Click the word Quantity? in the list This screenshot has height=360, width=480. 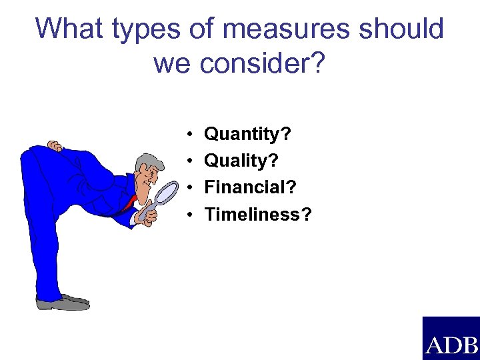tap(247, 135)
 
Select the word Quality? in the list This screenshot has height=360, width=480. tap(241, 161)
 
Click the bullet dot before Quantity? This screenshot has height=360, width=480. tap(190, 135)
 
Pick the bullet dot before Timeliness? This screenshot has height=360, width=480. tap(190, 215)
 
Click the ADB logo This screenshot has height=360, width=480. tap(451, 339)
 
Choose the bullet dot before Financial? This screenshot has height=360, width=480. tap(190, 188)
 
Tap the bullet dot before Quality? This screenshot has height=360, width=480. tap(190, 161)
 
